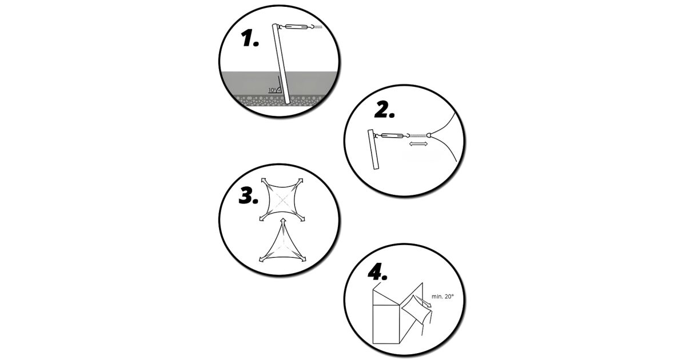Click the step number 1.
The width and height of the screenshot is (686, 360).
tap(250, 39)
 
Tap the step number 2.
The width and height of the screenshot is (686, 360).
tap(384, 110)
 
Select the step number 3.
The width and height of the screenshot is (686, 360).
tap(248, 196)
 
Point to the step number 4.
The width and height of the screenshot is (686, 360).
tap(377, 271)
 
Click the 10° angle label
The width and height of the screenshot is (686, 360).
tap(272, 90)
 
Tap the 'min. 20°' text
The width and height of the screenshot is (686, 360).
tap(442, 297)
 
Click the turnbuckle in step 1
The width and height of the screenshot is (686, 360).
tap(296, 27)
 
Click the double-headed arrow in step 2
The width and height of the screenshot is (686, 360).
tap(418, 143)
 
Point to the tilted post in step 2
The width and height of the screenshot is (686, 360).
tap(373, 149)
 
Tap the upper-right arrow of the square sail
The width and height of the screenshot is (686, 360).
tap(300, 182)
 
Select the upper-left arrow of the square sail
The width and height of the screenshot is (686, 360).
tap(265, 182)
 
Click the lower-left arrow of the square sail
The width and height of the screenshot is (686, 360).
tap(264, 217)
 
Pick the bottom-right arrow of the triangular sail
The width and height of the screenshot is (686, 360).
tap(302, 258)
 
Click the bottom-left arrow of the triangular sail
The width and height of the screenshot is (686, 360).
tap(264, 259)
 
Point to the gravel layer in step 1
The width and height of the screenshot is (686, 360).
tap(279, 100)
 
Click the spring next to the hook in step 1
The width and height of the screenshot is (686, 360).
tap(318, 27)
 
